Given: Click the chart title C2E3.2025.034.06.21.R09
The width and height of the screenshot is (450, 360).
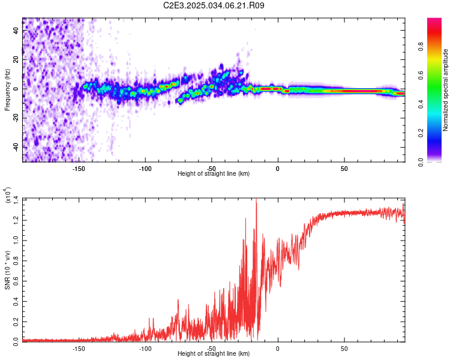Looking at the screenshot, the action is (x=214, y=5).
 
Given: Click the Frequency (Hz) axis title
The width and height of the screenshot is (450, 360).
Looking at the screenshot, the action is (x=7, y=90).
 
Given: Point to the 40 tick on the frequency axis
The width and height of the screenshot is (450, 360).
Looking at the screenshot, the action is (x=16, y=30).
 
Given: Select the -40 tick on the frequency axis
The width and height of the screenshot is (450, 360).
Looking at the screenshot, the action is (x=16, y=147).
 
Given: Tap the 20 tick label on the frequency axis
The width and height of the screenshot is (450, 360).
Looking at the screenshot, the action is (x=16, y=60).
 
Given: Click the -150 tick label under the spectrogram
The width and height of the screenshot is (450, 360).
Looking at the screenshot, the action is (x=79, y=169).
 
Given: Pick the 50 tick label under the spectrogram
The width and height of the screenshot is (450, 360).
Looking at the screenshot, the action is (x=344, y=169).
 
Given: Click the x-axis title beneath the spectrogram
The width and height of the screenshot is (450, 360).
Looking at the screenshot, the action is (x=214, y=173).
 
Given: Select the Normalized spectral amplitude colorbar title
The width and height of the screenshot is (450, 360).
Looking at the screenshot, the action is (x=445, y=90).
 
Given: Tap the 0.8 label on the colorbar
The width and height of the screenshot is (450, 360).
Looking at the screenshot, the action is (x=421, y=47).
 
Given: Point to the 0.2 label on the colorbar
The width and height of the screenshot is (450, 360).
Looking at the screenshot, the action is (x=421, y=133).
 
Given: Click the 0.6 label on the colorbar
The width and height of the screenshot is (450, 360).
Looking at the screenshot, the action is (x=421, y=76).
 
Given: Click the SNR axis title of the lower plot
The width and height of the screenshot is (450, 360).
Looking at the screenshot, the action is (x=7, y=270).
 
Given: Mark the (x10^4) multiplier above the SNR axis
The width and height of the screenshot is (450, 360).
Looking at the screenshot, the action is (x=8, y=195).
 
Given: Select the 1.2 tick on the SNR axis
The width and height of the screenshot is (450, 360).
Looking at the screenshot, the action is (x=16, y=220).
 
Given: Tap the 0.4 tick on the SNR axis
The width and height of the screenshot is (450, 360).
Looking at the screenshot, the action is (x=16, y=301).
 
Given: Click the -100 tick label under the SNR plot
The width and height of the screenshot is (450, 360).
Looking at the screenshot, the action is (x=145, y=349).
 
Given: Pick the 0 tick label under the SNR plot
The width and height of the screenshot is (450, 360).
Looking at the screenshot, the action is (x=278, y=349).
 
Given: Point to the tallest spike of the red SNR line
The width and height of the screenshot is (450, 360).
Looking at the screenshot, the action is (x=256, y=199).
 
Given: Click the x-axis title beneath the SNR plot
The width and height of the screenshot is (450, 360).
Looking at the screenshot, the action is (x=214, y=353).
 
